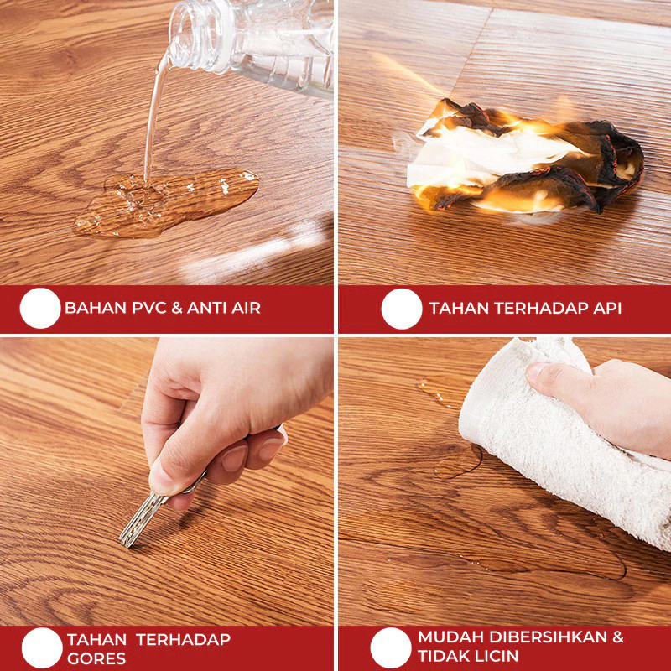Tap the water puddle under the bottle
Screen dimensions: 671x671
pos(167,203)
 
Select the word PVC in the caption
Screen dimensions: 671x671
pos(148,308)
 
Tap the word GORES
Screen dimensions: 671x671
pos(96,658)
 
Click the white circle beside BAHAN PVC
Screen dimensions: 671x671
pos(40,308)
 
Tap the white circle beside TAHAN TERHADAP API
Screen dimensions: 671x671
pos(402,309)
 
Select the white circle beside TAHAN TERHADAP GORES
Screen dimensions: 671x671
pos(42,648)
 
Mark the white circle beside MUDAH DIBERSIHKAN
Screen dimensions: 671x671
pos(391,648)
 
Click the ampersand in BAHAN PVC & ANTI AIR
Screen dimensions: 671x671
pos(176,308)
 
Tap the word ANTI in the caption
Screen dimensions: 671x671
pos(207,308)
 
